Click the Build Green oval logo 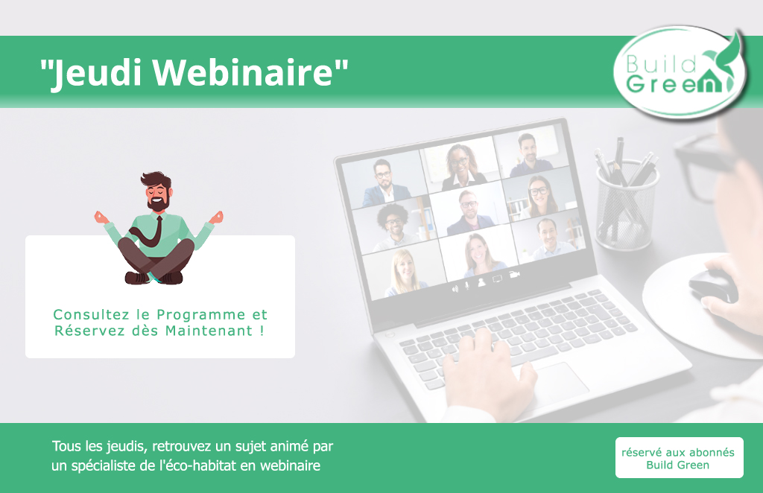pos(680,72)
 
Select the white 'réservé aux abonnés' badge pos(680,457)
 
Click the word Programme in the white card pos(201,315)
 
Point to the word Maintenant pos(209,331)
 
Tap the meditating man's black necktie pos(150,232)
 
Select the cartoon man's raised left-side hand pos(101,217)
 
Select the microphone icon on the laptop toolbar pos(467,285)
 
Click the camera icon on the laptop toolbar pos(514,275)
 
